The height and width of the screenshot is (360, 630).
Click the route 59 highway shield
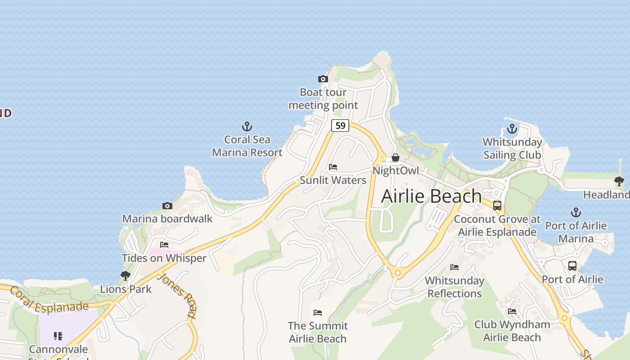tap(340, 126)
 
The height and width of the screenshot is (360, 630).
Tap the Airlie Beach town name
tap(431, 196)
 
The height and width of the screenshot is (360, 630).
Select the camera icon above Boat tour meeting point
tap(323, 79)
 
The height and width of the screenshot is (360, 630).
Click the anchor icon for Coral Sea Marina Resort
tap(247, 126)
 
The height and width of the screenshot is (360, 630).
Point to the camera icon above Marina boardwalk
tap(167, 206)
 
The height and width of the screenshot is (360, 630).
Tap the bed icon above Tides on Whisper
tap(164, 245)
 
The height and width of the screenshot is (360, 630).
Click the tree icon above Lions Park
tap(126, 275)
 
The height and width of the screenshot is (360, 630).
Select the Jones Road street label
tap(178, 295)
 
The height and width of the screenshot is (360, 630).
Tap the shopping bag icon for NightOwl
tap(395, 157)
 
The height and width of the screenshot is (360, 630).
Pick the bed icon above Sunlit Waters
tap(333, 167)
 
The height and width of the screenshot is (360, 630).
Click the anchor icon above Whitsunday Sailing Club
tap(512, 129)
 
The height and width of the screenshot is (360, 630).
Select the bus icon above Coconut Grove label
tap(497, 206)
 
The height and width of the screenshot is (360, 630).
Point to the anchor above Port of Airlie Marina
tap(576, 212)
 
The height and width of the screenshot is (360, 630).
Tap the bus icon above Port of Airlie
tap(572, 266)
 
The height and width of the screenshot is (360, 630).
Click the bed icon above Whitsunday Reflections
tap(454, 267)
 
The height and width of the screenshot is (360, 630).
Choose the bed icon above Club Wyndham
tap(512, 311)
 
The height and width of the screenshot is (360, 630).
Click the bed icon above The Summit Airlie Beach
tap(318, 312)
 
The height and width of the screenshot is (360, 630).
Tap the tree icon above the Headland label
tap(619, 181)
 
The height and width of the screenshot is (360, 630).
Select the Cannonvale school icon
tap(58, 336)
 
